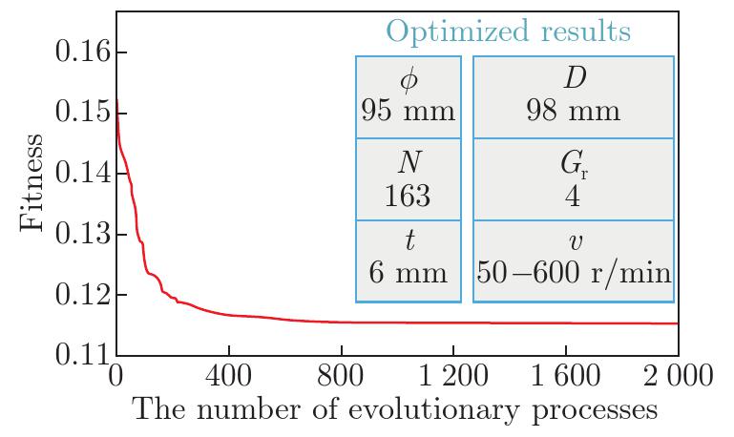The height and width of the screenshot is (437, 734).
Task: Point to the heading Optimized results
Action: click(508, 31)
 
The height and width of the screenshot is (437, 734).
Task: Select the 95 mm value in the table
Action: click(409, 111)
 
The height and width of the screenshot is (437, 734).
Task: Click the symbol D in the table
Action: click(574, 78)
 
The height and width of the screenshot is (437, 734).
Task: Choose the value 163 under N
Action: click(409, 196)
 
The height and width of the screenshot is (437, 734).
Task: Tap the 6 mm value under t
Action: click(409, 273)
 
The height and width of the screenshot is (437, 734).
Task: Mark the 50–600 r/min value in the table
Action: click(574, 273)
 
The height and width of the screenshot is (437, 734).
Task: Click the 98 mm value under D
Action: click(574, 111)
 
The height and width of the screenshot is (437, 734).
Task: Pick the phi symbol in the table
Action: click(409, 80)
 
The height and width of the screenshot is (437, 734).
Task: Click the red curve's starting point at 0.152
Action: click(116, 99)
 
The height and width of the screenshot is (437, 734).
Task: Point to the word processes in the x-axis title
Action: click(591, 411)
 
